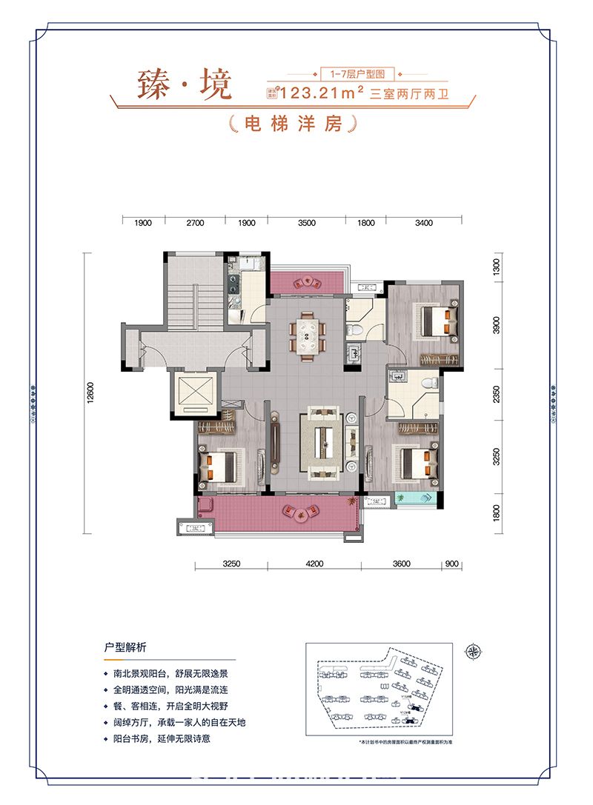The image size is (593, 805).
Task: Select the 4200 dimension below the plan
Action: (314, 564)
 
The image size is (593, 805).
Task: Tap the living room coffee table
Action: (322, 444)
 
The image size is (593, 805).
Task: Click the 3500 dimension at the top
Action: (306, 223)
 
